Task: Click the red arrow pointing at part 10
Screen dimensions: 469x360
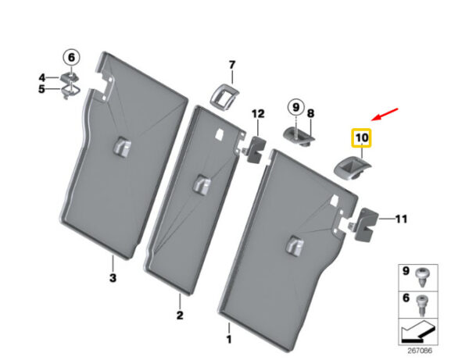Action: point(385,115)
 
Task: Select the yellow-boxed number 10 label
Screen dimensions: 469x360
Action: point(362,137)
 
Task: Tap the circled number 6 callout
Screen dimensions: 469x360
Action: point(71,57)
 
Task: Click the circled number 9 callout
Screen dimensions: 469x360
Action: point(295,107)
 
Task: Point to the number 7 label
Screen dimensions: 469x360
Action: point(232,65)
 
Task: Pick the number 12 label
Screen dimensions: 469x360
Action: point(258,114)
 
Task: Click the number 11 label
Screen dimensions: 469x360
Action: point(401,219)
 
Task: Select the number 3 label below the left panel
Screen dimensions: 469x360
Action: point(113,278)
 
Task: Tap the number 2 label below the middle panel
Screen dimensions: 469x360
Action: point(180,315)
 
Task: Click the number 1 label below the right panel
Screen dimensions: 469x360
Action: point(229,340)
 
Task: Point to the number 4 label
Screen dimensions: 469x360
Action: point(42,78)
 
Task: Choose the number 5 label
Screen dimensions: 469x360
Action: point(41,89)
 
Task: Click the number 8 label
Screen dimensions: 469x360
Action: point(311,113)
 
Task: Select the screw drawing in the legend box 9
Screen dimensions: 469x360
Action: point(421,277)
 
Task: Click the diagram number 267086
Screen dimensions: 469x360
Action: point(420,351)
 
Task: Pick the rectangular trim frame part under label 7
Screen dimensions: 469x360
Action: point(225,97)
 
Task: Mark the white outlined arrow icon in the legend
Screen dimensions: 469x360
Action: point(417,332)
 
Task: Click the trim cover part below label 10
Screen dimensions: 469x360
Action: point(352,169)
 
